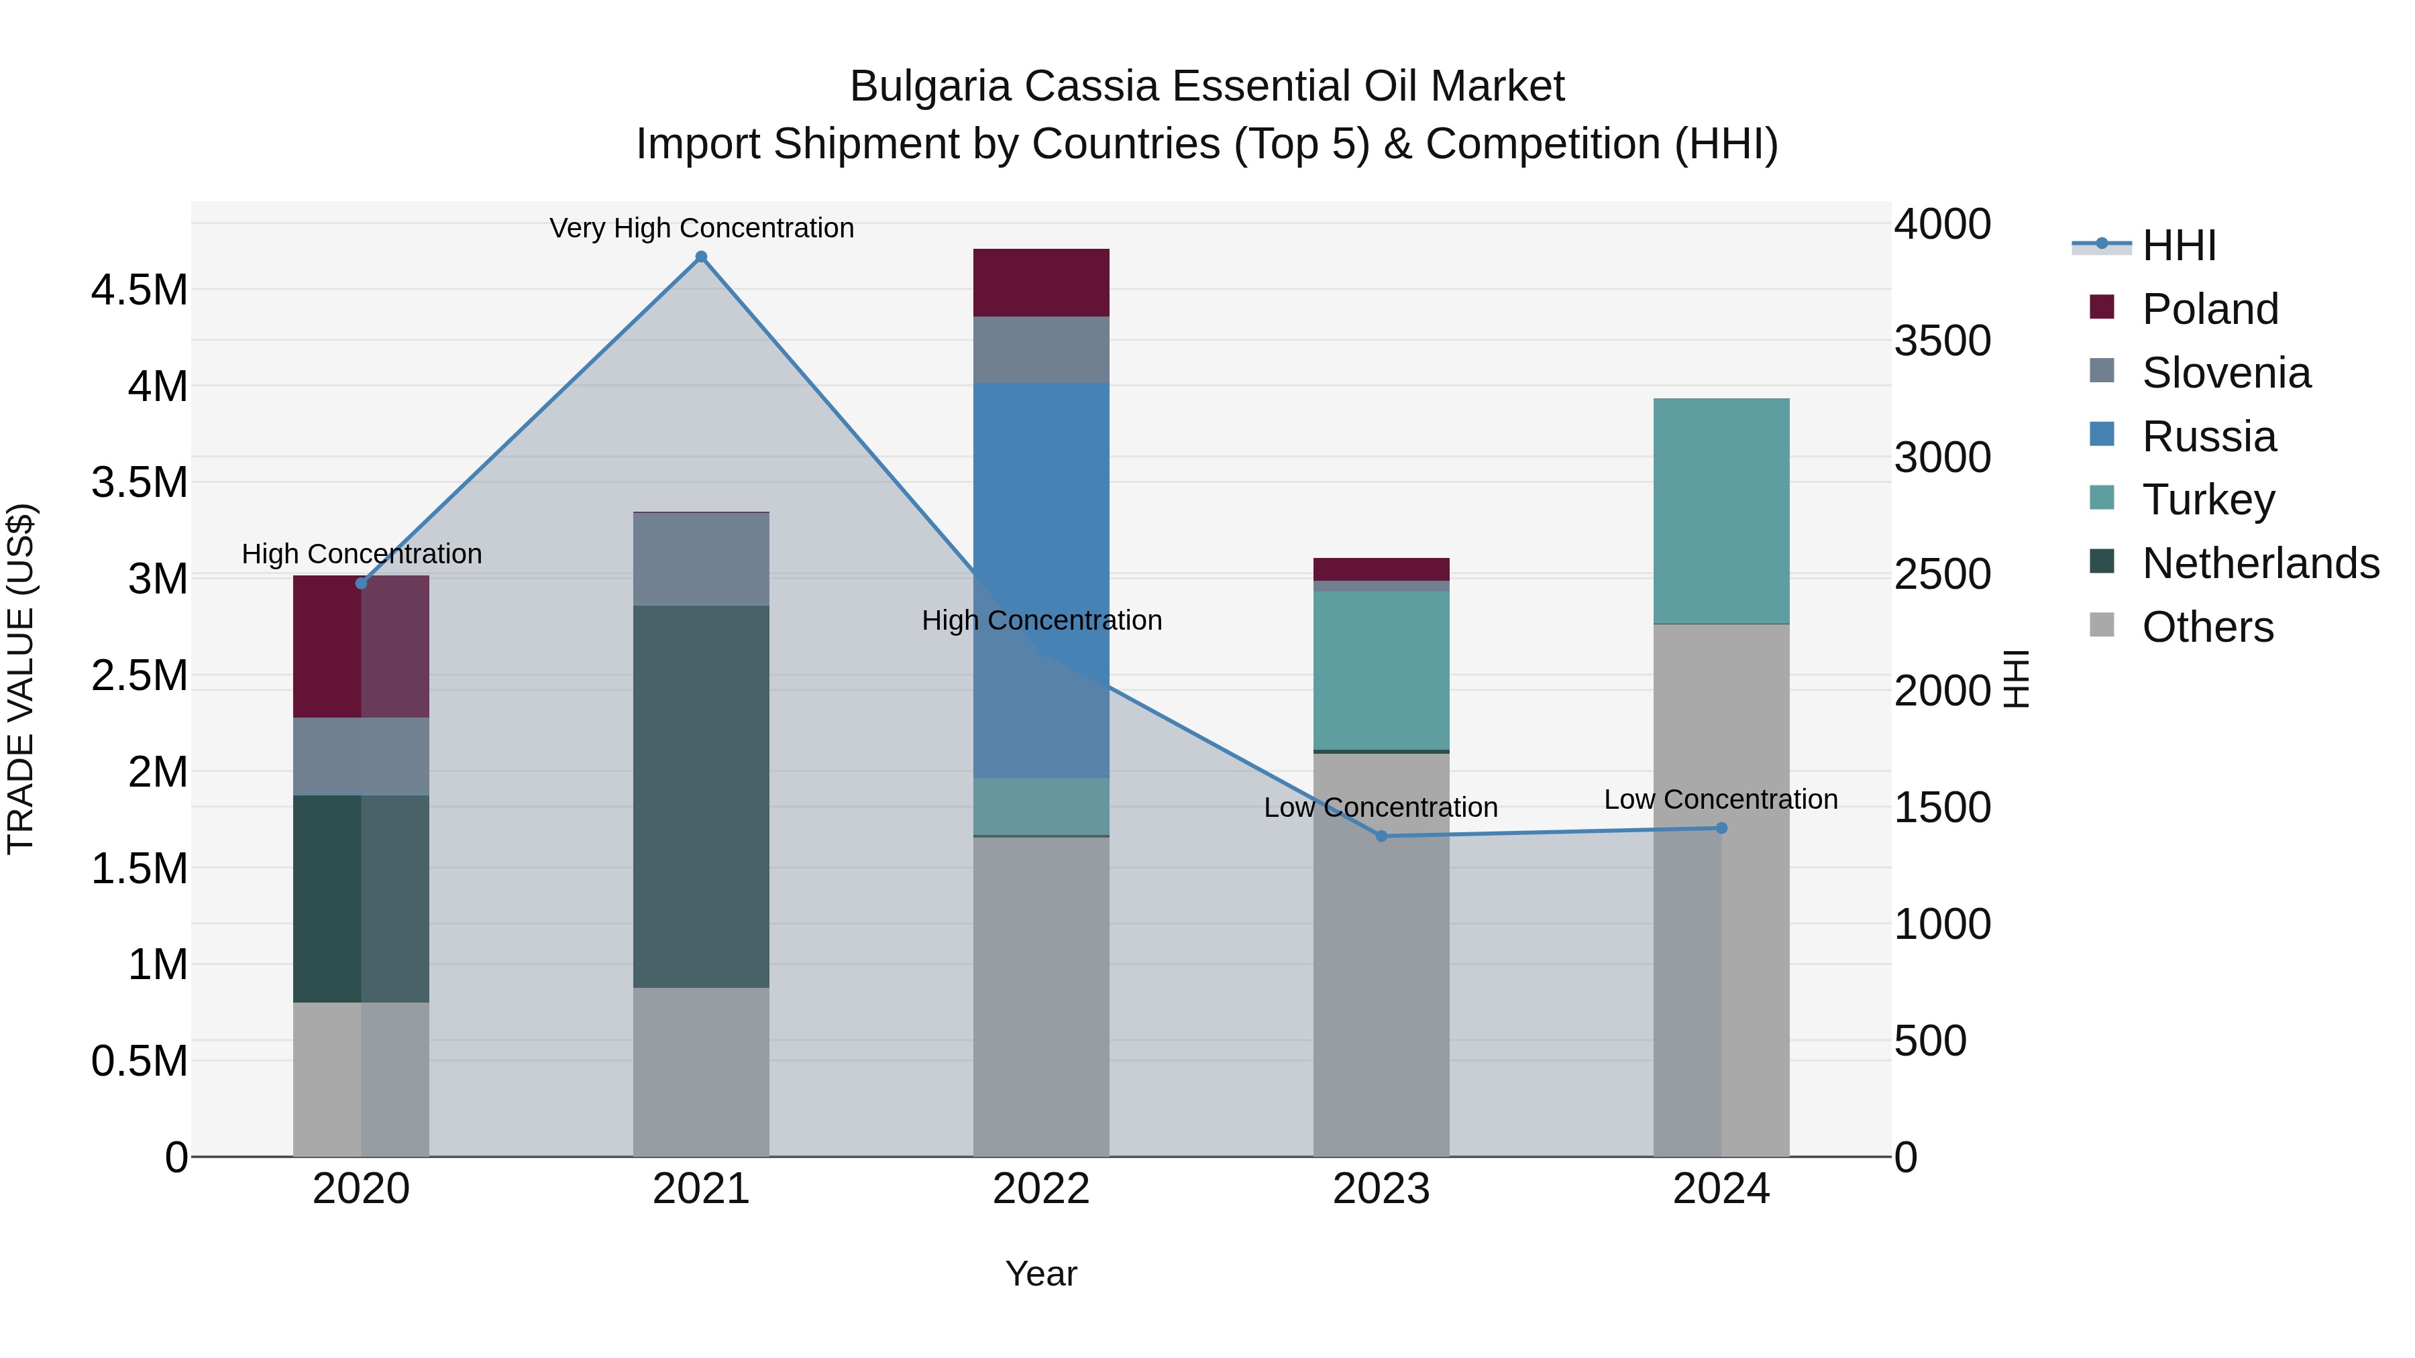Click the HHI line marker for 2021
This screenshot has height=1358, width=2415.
click(x=701, y=257)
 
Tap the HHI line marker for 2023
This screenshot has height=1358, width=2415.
click(x=1381, y=836)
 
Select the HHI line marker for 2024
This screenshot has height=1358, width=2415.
click(x=1721, y=828)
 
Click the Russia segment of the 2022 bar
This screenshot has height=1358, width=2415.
click(x=1040, y=525)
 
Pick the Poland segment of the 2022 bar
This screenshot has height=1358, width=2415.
click(x=1040, y=282)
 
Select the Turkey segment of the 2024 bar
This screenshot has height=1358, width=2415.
click(x=1721, y=511)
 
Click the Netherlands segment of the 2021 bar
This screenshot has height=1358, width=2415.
click(x=701, y=797)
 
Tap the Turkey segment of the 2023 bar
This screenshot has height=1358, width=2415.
click(x=1381, y=670)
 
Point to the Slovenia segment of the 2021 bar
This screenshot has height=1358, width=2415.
click(x=701, y=559)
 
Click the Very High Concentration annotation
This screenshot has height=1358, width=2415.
click(x=701, y=228)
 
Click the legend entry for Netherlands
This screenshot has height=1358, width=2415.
click(x=2260, y=563)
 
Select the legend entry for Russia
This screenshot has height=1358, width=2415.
click(x=2209, y=437)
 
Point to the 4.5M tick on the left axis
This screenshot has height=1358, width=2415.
click(x=140, y=290)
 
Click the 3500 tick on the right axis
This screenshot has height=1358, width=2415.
click(x=1941, y=341)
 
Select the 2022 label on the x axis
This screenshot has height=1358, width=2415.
click(x=1040, y=1189)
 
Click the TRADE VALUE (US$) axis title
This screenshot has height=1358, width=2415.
click(x=21, y=679)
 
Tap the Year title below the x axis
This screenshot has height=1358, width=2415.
click(x=1040, y=1274)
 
